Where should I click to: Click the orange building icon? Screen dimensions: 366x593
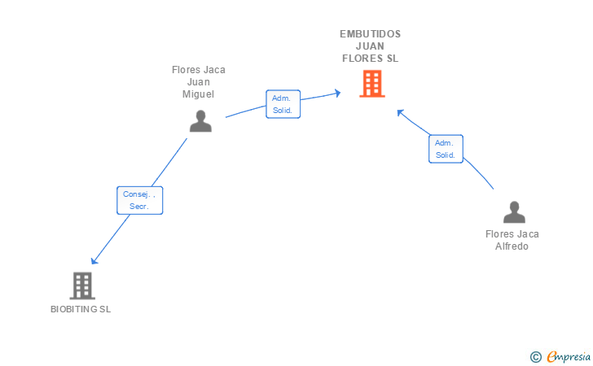(x=371, y=84)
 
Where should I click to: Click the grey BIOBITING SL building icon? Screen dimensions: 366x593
(x=82, y=285)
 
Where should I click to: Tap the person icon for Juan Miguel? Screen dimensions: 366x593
(x=200, y=121)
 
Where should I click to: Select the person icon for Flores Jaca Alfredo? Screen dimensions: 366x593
(x=514, y=212)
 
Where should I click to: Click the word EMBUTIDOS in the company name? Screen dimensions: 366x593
(x=371, y=34)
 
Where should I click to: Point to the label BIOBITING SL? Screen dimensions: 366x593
(x=81, y=309)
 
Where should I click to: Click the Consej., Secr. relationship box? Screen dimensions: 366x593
(x=140, y=200)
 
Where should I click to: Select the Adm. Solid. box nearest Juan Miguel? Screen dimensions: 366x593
(x=283, y=104)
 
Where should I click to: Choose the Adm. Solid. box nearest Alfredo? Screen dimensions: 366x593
(x=446, y=149)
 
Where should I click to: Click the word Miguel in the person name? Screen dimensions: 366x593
(x=198, y=94)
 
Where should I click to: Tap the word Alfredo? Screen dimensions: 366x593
(x=512, y=246)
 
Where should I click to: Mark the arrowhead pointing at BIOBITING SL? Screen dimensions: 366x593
(x=94, y=260)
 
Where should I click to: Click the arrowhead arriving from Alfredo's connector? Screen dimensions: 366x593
(x=400, y=112)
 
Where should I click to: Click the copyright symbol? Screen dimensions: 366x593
(x=535, y=356)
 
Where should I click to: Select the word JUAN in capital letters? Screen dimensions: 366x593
(x=371, y=46)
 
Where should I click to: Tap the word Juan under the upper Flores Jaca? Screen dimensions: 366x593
(x=198, y=82)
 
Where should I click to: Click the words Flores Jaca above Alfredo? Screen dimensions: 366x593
(x=512, y=234)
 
